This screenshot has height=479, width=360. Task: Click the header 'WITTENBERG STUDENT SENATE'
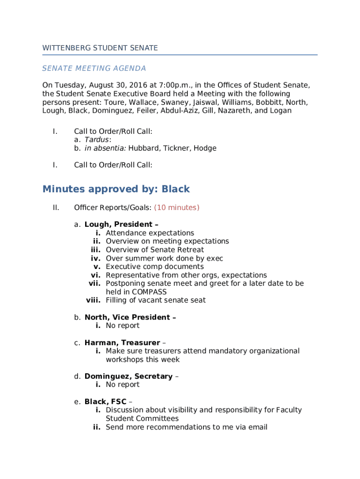tap(100, 48)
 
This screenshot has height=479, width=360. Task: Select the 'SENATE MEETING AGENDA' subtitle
tap(94, 69)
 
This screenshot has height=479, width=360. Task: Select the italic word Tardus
tap(97, 140)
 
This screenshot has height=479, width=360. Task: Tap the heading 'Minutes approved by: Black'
tap(116, 189)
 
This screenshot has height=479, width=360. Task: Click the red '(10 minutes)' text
tap(177, 208)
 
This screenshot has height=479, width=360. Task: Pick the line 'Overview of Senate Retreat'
tap(155, 250)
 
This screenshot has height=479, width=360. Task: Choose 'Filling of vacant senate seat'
tap(156, 300)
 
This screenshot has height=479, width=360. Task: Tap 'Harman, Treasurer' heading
tap(122, 343)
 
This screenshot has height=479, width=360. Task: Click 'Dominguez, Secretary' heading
tap(128, 377)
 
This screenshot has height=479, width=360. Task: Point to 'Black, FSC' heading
tap(106, 402)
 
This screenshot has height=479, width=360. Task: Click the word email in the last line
tap(258, 427)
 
